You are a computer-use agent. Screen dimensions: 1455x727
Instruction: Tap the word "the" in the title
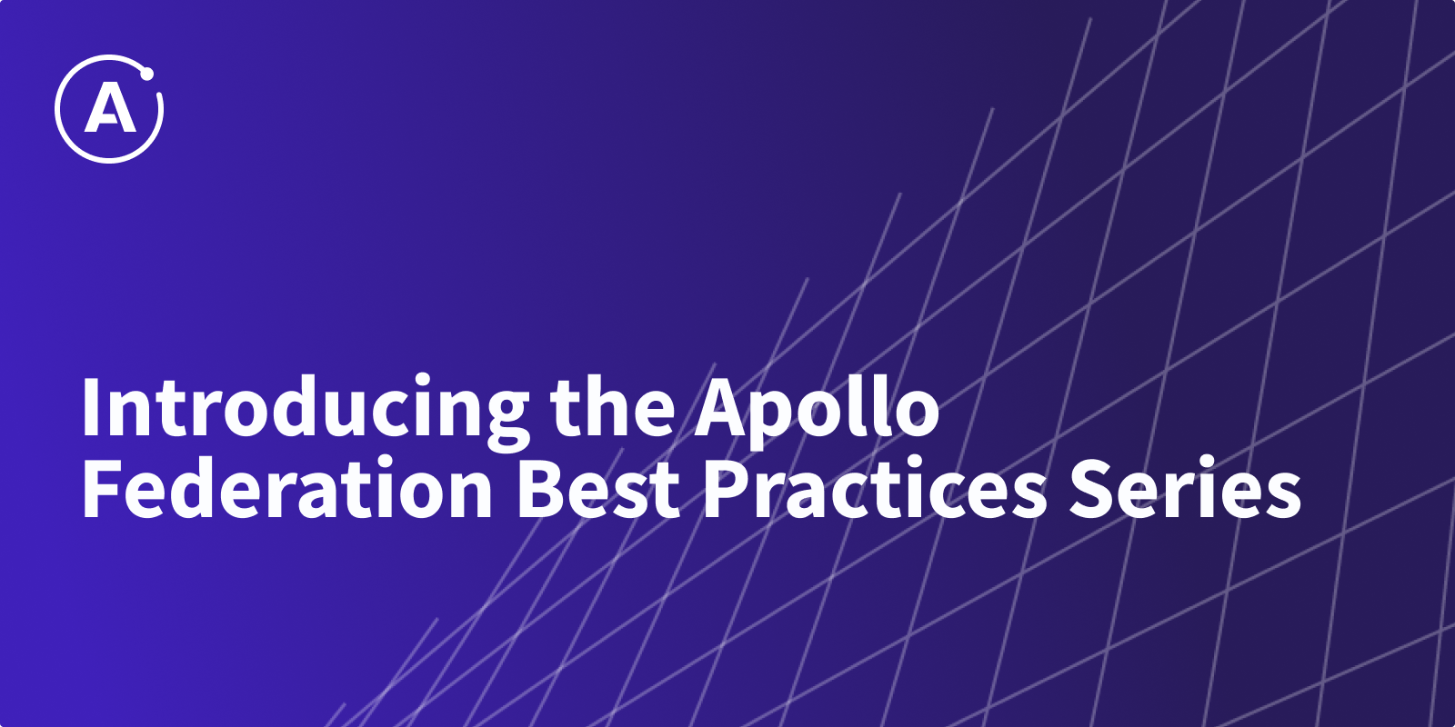point(613,405)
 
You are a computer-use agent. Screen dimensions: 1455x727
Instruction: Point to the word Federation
point(286,486)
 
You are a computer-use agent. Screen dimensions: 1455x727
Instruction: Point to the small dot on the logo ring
point(146,75)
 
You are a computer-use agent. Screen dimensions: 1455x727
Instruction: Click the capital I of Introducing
point(90,405)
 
